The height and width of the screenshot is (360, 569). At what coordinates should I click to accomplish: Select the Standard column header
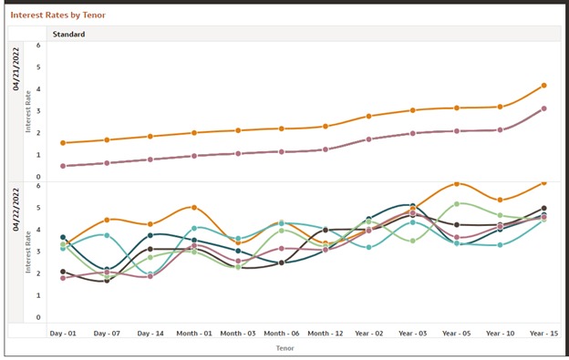point(68,35)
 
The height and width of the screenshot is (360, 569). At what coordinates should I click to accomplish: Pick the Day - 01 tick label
point(63,334)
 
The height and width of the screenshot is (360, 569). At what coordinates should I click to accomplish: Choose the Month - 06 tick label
point(282,334)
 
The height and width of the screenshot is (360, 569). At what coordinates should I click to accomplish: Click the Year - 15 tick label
point(543,334)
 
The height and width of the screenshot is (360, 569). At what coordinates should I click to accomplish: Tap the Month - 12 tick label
point(326,334)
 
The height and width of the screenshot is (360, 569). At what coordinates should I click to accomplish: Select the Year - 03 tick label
point(412,334)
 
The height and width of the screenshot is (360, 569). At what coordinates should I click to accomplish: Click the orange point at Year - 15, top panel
point(543,86)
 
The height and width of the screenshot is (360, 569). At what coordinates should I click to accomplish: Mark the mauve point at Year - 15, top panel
point(543,108)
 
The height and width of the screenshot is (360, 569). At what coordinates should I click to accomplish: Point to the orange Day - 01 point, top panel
point(63,143)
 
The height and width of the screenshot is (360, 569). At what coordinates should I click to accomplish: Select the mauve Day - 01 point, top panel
point(63,166)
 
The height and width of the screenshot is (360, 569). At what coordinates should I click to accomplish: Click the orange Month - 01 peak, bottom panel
point(194,208)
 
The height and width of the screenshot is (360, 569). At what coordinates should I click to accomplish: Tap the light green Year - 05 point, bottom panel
point(457,204)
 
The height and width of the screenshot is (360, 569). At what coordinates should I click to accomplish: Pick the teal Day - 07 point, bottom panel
point(107,235)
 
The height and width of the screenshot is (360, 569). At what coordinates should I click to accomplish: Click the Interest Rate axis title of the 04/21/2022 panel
point(28,111)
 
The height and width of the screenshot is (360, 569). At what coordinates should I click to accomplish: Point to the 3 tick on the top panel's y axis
point(38,111)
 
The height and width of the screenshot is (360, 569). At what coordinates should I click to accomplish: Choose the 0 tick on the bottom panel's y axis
point(38,318)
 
